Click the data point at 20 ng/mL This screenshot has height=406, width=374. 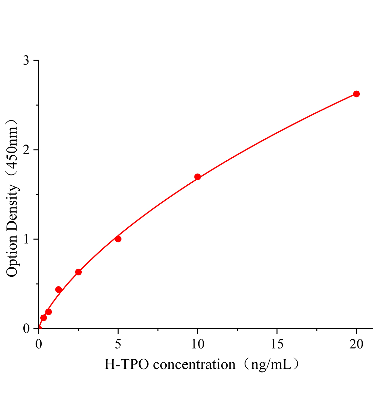[x=356, y=94]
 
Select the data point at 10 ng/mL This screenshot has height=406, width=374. [x=198, y=177]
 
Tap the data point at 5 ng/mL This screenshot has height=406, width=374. [x=118, y=239]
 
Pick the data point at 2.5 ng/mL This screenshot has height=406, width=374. [x=78, y=272]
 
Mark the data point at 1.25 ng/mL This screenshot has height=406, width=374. [x=59, y=290]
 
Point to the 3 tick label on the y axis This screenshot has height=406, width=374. [x=26, y=61]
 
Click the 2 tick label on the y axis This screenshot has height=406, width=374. [x=26, y=150]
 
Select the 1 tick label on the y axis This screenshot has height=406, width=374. [x=26, y=239]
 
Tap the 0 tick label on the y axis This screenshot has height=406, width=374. [x=26, y=329]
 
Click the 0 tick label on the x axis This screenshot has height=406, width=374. [x=39, y=344]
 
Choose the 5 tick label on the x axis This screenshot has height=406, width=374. [x=118, y=344]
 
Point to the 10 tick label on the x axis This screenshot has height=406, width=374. [x=198, y=344]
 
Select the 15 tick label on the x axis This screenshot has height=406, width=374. [x=277, y=344]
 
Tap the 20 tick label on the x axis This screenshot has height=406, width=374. [x=356, y=344]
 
